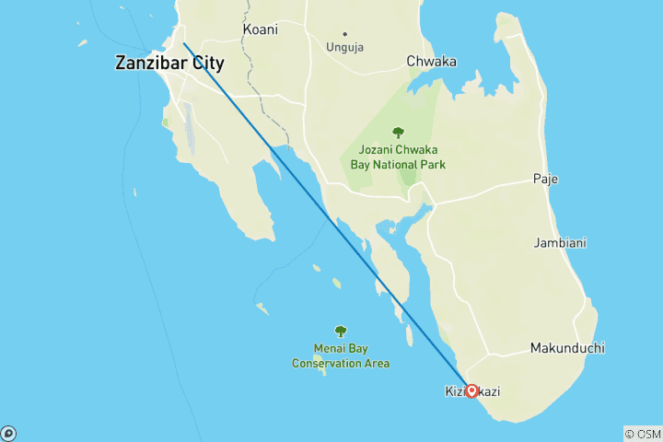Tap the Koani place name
point(261,29)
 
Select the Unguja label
point(344,47)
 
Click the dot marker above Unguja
point(344,34)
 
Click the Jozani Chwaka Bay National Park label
point(398,157)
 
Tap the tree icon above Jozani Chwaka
point(398,134)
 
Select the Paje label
point(546,179)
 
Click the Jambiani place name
point(561,243)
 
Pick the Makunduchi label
point(566,348)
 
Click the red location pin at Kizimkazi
point(471,390)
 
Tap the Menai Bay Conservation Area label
point(341,356)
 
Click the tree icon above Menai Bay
point(341,331)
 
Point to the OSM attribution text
point(643,433)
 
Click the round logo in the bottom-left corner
point(8,433)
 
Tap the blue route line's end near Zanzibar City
point(183,43)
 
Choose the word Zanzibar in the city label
point(147,64)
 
